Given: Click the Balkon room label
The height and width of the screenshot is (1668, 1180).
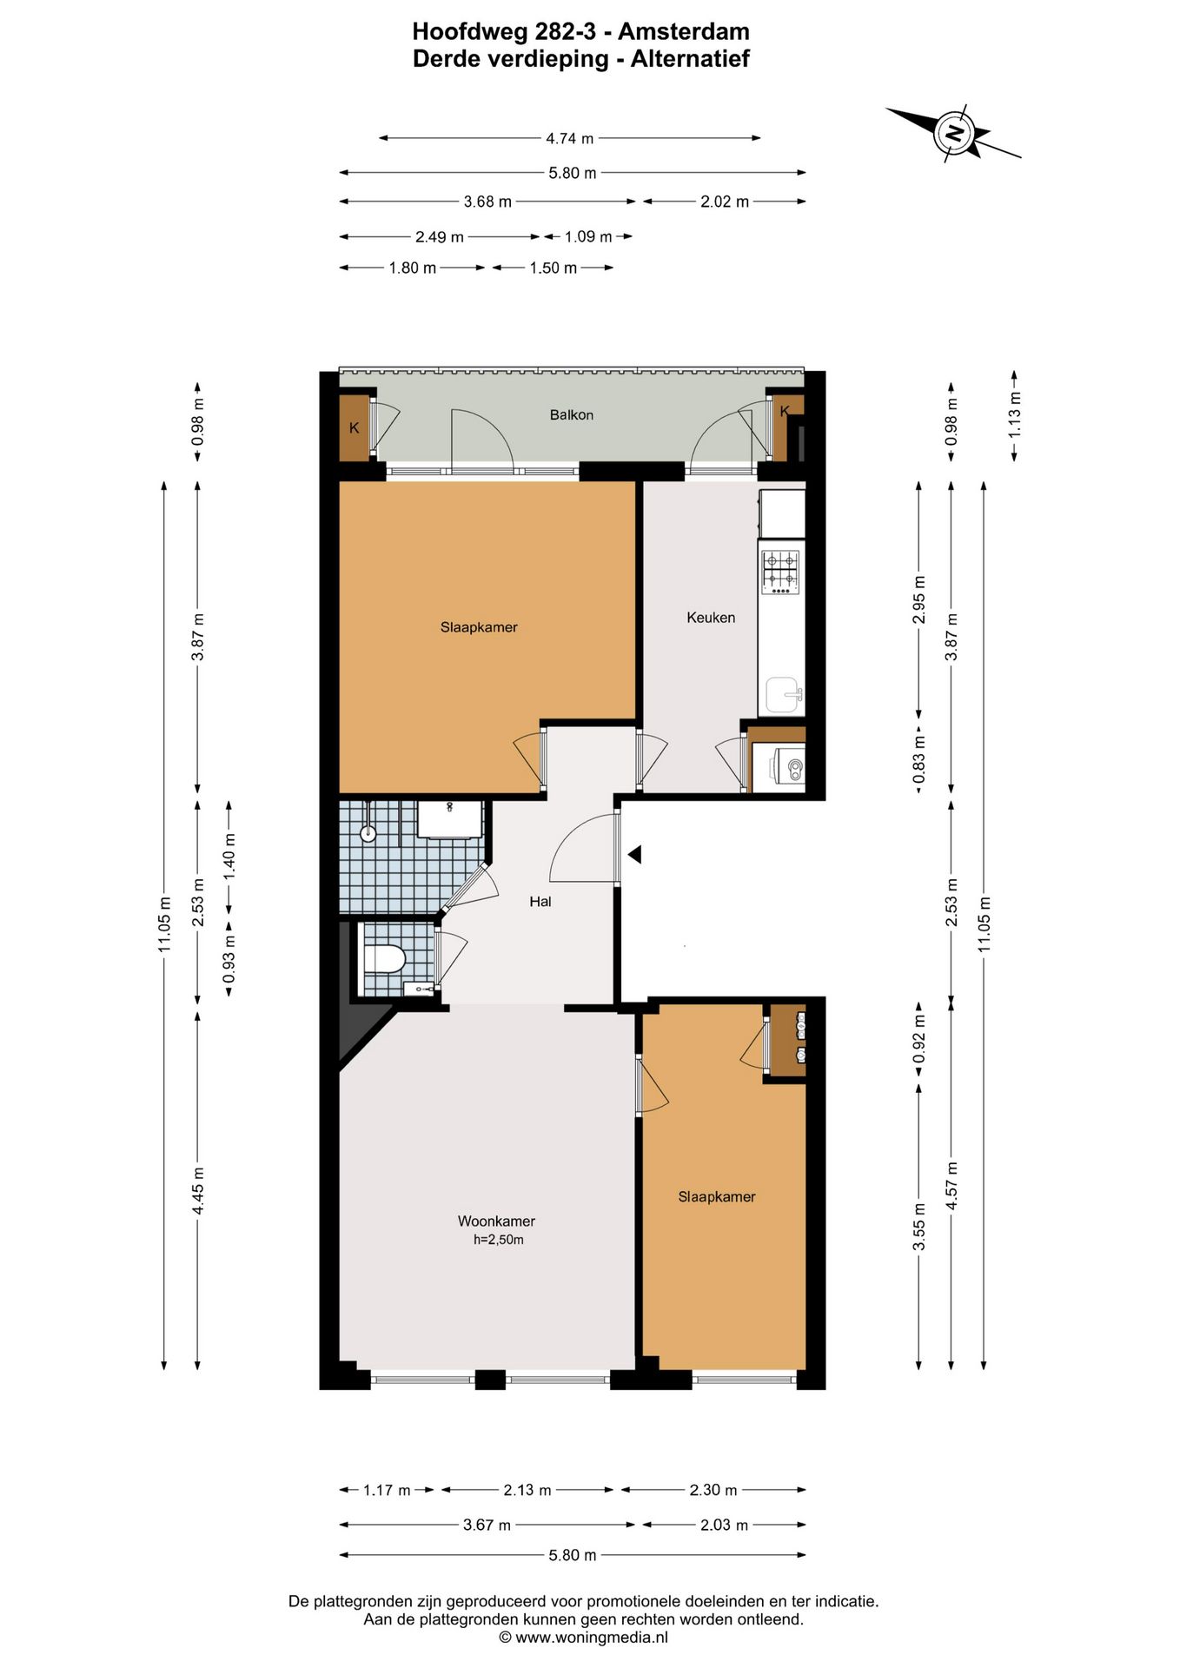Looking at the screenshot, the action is click(571, 415).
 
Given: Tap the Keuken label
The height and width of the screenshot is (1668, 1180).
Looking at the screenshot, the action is click(711, 618).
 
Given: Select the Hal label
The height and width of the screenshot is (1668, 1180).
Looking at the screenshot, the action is click(540, 902).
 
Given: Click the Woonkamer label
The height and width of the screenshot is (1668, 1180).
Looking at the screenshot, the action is click(496, 1221).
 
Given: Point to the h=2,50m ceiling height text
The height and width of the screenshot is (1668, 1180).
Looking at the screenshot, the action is click(499, 1240).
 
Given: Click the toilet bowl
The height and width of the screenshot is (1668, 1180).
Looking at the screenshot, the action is click(384, 960).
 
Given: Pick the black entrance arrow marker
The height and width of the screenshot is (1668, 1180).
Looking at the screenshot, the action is click(634, 855).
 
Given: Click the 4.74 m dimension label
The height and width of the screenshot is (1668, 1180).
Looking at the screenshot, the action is click(569, 138).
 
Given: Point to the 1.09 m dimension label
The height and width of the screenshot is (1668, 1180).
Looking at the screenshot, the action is click(588, 236).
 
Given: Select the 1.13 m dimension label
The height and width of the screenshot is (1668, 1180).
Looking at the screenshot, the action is click(1015, 415).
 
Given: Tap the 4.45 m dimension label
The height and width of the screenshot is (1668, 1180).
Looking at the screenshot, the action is click(198, 1190).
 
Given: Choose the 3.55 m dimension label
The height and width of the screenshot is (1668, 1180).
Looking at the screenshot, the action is click(919, 1227).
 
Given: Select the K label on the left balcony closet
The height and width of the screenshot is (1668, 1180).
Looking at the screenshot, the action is click(354, 428).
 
